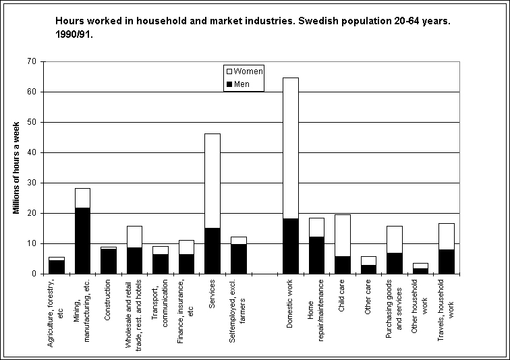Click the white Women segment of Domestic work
291,148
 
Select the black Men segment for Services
213,251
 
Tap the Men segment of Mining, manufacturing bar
82,241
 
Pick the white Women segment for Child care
343,235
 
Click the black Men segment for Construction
109,261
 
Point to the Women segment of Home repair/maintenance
316,227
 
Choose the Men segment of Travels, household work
447,262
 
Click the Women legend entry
245,71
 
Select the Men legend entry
237,84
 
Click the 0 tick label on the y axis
34,274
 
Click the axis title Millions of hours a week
16,168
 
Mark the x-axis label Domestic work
289,303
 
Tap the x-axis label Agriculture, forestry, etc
55,313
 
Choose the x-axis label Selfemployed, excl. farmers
237,311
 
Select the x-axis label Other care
368,297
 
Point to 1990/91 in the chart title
74,34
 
